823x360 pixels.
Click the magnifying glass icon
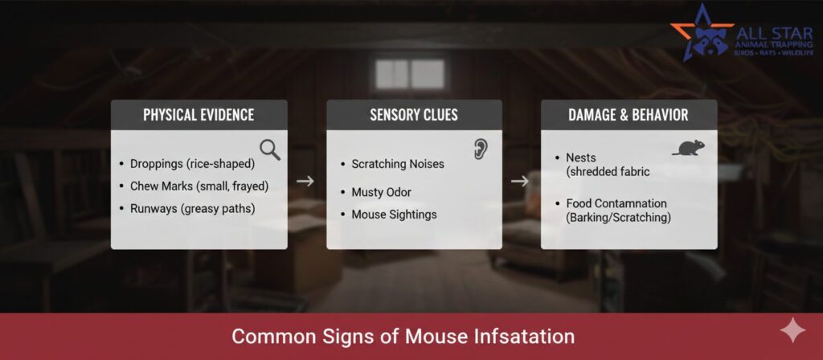point(270,150)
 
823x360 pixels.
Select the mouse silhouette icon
point(688,148)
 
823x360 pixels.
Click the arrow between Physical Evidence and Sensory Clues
point(305,181)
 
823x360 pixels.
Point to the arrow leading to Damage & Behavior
point(520,181)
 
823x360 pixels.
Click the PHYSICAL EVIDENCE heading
point(199,115)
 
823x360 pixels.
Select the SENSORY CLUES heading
point(414,115)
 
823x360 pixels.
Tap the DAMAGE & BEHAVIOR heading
point(629,115)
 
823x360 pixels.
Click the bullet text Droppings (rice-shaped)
point(192,164)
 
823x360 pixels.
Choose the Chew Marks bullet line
point(199,186)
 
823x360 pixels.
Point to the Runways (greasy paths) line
point(193,209)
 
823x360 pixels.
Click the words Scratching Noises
point(397,164)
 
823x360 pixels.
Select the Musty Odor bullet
point(381,192)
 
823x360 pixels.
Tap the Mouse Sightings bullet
point(394,215)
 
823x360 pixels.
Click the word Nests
point(580,157)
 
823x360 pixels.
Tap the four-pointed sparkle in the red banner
point(792,330)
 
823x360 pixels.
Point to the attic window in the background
point(410,74)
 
